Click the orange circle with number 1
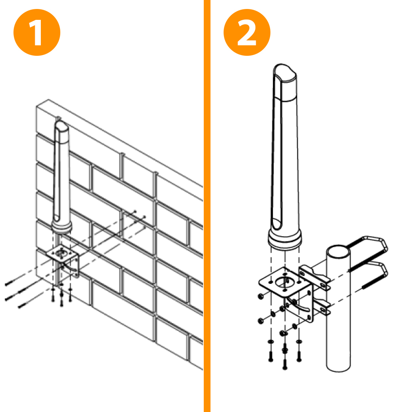click(x=37, y=32)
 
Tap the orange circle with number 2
click(x=247, y=32)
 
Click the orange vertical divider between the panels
click(x=207, y=206)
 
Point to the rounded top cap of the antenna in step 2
click(x=285, y=73)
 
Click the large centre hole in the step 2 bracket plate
click(x=283, y=282)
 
